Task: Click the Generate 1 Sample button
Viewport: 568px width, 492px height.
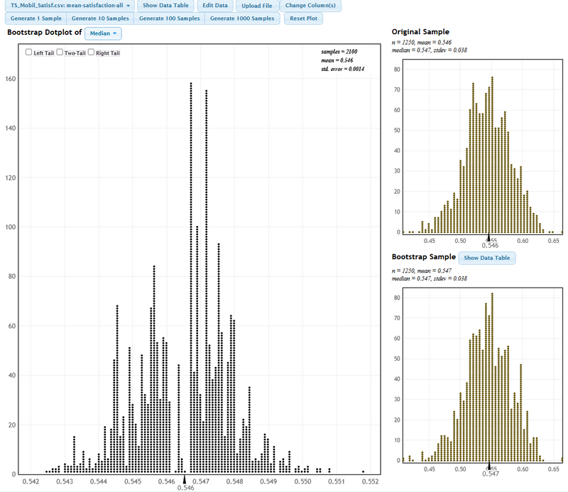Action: click(36, 18)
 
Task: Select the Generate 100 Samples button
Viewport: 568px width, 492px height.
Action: click(169, 18)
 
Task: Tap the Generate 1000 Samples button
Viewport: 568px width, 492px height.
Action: click(243, 18)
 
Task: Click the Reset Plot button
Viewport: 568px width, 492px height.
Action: click(303, 18)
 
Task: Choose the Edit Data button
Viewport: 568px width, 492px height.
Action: click(215, 6)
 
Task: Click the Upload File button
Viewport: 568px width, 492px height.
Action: click(256, 6)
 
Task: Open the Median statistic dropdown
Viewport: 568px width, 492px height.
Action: click(103, 33)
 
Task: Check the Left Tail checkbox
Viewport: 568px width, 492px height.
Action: click(28, 53)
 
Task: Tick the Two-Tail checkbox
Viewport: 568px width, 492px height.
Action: click(60, 53)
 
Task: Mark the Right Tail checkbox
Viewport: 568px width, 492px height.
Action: click(91, 53)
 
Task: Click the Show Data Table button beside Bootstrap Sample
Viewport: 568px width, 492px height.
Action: click(487, 258)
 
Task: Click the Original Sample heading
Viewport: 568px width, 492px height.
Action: click(420, 32)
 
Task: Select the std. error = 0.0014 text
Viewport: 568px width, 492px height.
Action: click(342, 70)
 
